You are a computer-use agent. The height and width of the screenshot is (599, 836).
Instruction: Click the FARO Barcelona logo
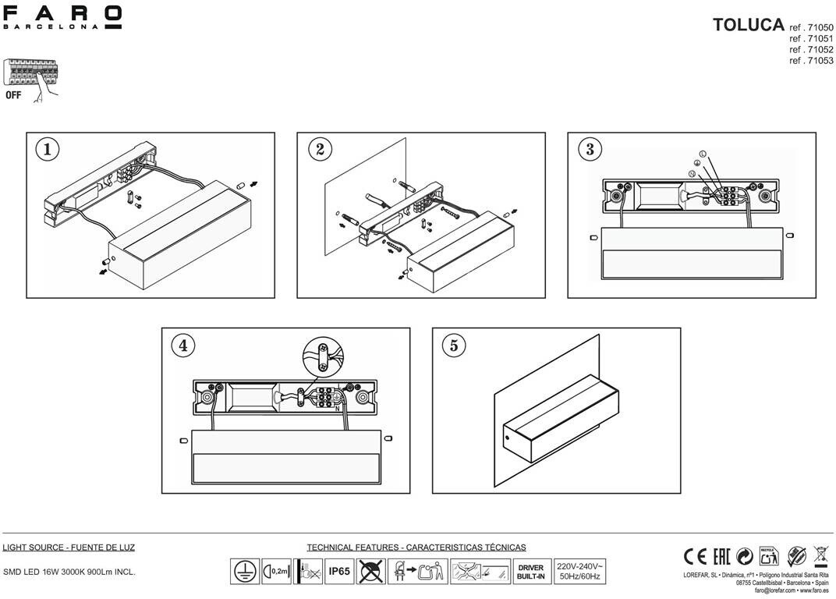62,17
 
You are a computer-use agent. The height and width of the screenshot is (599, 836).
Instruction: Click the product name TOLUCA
748,24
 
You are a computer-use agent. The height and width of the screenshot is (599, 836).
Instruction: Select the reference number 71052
811,49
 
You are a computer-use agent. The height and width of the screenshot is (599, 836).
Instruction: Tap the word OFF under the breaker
13,96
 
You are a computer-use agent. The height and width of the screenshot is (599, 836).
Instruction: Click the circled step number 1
48,149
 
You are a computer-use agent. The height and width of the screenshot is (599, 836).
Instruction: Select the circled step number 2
319,149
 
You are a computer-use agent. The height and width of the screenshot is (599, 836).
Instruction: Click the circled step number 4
184,345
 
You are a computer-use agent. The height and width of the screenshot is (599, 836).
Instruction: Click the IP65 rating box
339,572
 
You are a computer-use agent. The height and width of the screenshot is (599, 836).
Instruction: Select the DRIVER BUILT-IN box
530,572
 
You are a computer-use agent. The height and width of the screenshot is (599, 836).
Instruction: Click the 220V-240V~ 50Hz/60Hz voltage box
579,571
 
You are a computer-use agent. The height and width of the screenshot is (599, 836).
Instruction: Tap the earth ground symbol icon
245,572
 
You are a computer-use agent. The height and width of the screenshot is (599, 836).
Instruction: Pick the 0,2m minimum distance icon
277,572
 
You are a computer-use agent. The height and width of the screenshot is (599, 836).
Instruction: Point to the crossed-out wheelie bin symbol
820,555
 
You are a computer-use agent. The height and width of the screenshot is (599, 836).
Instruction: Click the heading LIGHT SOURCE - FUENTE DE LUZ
69,548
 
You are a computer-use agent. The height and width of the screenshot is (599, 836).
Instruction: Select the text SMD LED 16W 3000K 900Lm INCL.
69,572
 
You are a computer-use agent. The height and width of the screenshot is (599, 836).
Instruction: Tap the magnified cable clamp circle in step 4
323,358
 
